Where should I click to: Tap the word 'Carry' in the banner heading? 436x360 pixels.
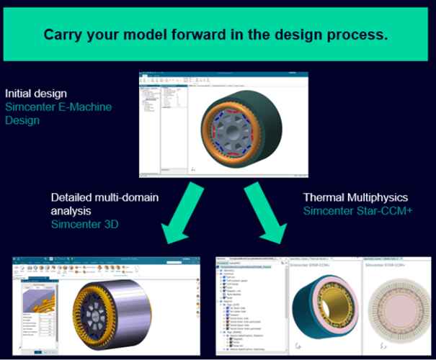pyautogui.click(x=62, y=34)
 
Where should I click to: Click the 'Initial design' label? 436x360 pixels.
pyautogui.click(x=36, y=94)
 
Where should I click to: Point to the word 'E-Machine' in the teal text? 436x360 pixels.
pyautogui.click(x=81, y=107)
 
